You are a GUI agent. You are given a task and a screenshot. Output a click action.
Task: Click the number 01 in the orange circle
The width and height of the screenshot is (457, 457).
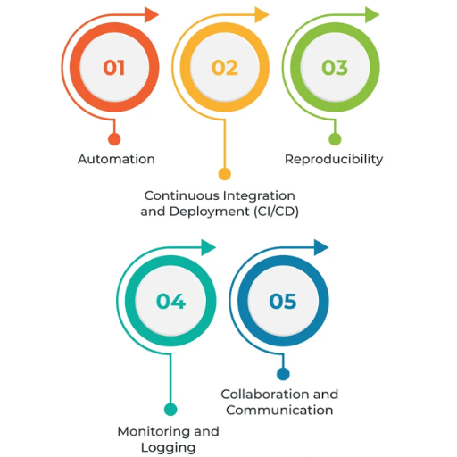point(114,68)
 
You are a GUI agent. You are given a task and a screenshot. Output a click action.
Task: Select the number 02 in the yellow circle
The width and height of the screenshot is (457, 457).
point(225,68)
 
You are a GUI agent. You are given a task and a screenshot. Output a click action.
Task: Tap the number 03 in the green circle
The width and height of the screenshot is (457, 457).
point(335,68)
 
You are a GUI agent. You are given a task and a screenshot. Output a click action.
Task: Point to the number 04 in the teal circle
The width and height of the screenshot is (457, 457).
point(170,301)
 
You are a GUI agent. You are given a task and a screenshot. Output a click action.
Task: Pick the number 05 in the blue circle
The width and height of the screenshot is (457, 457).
point(283,301)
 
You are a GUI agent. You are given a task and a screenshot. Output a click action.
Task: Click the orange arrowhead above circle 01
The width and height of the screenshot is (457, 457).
point(151,14)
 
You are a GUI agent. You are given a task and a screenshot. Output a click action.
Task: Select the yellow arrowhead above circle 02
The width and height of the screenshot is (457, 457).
point(262,14)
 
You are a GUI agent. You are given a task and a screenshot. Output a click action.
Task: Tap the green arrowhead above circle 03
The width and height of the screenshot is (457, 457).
point(372,14)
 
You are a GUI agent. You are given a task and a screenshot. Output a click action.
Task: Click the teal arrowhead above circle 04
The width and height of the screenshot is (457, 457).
point(208,247)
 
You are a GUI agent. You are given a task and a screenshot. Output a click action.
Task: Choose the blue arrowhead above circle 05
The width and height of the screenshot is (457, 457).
point(321,247)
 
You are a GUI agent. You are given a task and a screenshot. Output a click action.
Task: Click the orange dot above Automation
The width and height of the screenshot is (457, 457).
point(114,139)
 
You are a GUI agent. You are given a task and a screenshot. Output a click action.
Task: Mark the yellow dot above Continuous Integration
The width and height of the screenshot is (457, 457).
point(225,174)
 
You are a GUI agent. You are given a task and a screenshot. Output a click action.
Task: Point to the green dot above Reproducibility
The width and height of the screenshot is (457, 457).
point(335,139)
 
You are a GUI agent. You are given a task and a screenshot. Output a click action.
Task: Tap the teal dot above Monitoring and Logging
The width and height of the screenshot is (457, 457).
point(170,410)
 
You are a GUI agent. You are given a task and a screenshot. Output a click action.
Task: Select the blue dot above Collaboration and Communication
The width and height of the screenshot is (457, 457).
point(283,374)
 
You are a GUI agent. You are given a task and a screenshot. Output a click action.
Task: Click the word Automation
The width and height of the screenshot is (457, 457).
point(116,159)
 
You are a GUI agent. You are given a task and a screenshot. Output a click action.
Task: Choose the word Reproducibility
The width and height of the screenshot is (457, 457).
point(334,160)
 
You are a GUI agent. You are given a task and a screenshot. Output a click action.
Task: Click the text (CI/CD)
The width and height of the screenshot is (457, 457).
point(276,212)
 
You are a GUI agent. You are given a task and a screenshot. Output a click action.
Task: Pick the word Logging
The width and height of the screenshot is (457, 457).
point(168,448)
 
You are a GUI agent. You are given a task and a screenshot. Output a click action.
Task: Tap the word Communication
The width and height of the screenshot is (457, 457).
point(279,411)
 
